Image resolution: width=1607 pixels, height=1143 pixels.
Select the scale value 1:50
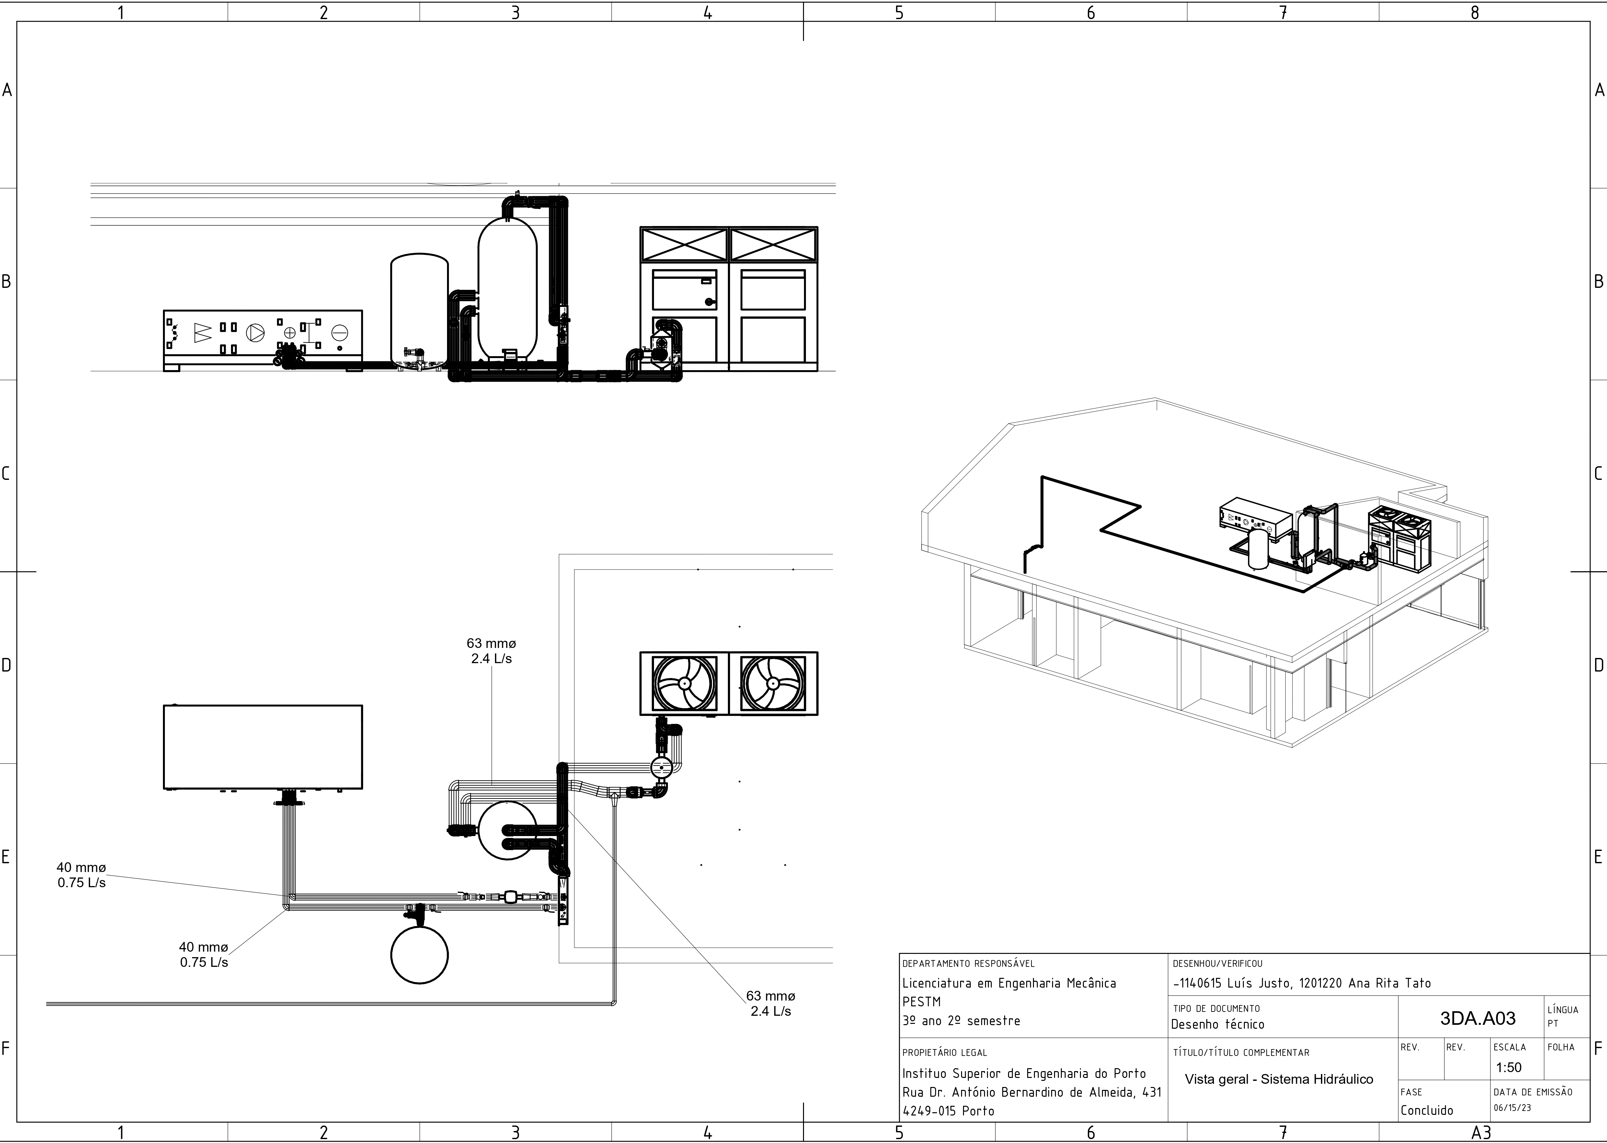(1509, 1067)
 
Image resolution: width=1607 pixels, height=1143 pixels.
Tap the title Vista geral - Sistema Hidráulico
(1278, 1079)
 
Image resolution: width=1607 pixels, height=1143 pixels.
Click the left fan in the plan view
(684, 684)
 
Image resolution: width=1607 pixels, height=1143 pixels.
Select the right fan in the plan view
(773, 684)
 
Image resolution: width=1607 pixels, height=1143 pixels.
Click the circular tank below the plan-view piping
(419, 955)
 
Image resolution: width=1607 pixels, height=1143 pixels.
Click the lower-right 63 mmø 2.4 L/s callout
(771, 1004)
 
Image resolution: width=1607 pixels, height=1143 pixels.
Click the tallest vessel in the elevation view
(508, 289)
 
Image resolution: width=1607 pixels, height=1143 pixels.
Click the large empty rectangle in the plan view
(263, 747)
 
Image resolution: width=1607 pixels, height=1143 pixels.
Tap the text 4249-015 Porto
(948, 1111)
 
